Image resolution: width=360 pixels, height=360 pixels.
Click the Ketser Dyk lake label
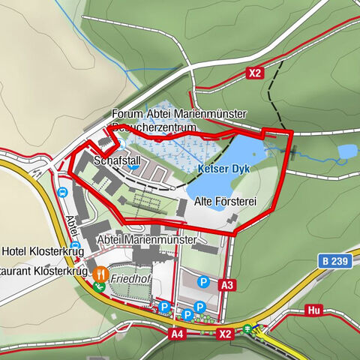click(x=223, y=169)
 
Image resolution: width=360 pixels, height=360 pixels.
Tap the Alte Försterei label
click(x=226, y=202)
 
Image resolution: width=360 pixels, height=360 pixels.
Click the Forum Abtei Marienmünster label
click(x=178, y=113)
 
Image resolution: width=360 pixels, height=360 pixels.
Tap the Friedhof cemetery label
click(x=130, y=277)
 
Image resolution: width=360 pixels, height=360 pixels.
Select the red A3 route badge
click(x=228, y=285)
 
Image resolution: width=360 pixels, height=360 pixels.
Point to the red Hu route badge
click(x=314, y=310)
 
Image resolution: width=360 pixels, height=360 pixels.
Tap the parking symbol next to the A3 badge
click(x=202, y=282)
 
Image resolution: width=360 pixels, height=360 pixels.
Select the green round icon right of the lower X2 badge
click(x=247, y=328)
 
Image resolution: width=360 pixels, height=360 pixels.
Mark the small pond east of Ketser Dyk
click(x=346, y=152)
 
